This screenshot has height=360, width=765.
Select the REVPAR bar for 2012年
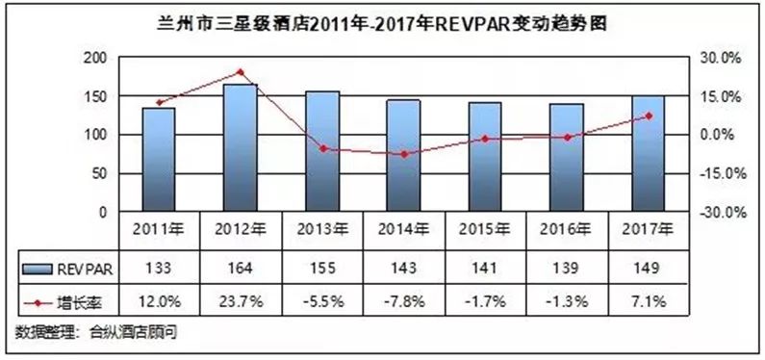240,148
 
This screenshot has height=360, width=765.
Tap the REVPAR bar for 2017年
648,154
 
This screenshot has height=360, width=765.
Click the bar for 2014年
403,156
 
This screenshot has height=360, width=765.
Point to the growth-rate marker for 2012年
240,72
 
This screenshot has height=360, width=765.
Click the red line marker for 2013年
321,148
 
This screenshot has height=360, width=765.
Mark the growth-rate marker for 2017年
649,116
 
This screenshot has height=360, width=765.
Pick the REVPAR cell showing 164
240,268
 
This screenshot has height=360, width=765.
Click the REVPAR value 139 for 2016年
567,268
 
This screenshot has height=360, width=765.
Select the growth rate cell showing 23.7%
240,302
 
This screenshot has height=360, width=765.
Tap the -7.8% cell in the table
403,302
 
